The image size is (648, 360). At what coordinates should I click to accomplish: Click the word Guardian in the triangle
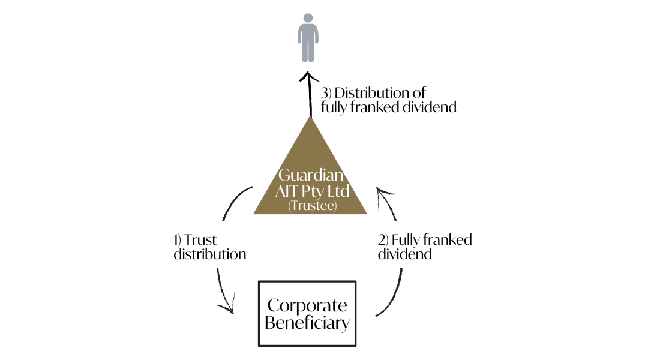[310, 176]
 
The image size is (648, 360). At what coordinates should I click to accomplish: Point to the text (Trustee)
[310, 205]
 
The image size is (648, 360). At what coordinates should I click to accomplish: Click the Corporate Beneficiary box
[307, 314]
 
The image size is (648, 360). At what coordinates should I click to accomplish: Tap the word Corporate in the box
[307, 305]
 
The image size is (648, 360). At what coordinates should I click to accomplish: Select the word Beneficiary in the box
[307, 323]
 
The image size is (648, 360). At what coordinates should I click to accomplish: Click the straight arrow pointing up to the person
[310, 96]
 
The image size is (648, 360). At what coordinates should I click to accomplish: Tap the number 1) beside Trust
[178, 240]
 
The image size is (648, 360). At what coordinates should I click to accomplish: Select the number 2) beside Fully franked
[383, 240]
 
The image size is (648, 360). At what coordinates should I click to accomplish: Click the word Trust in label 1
[200, 240]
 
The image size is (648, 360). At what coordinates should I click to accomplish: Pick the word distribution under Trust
[209, 254]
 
